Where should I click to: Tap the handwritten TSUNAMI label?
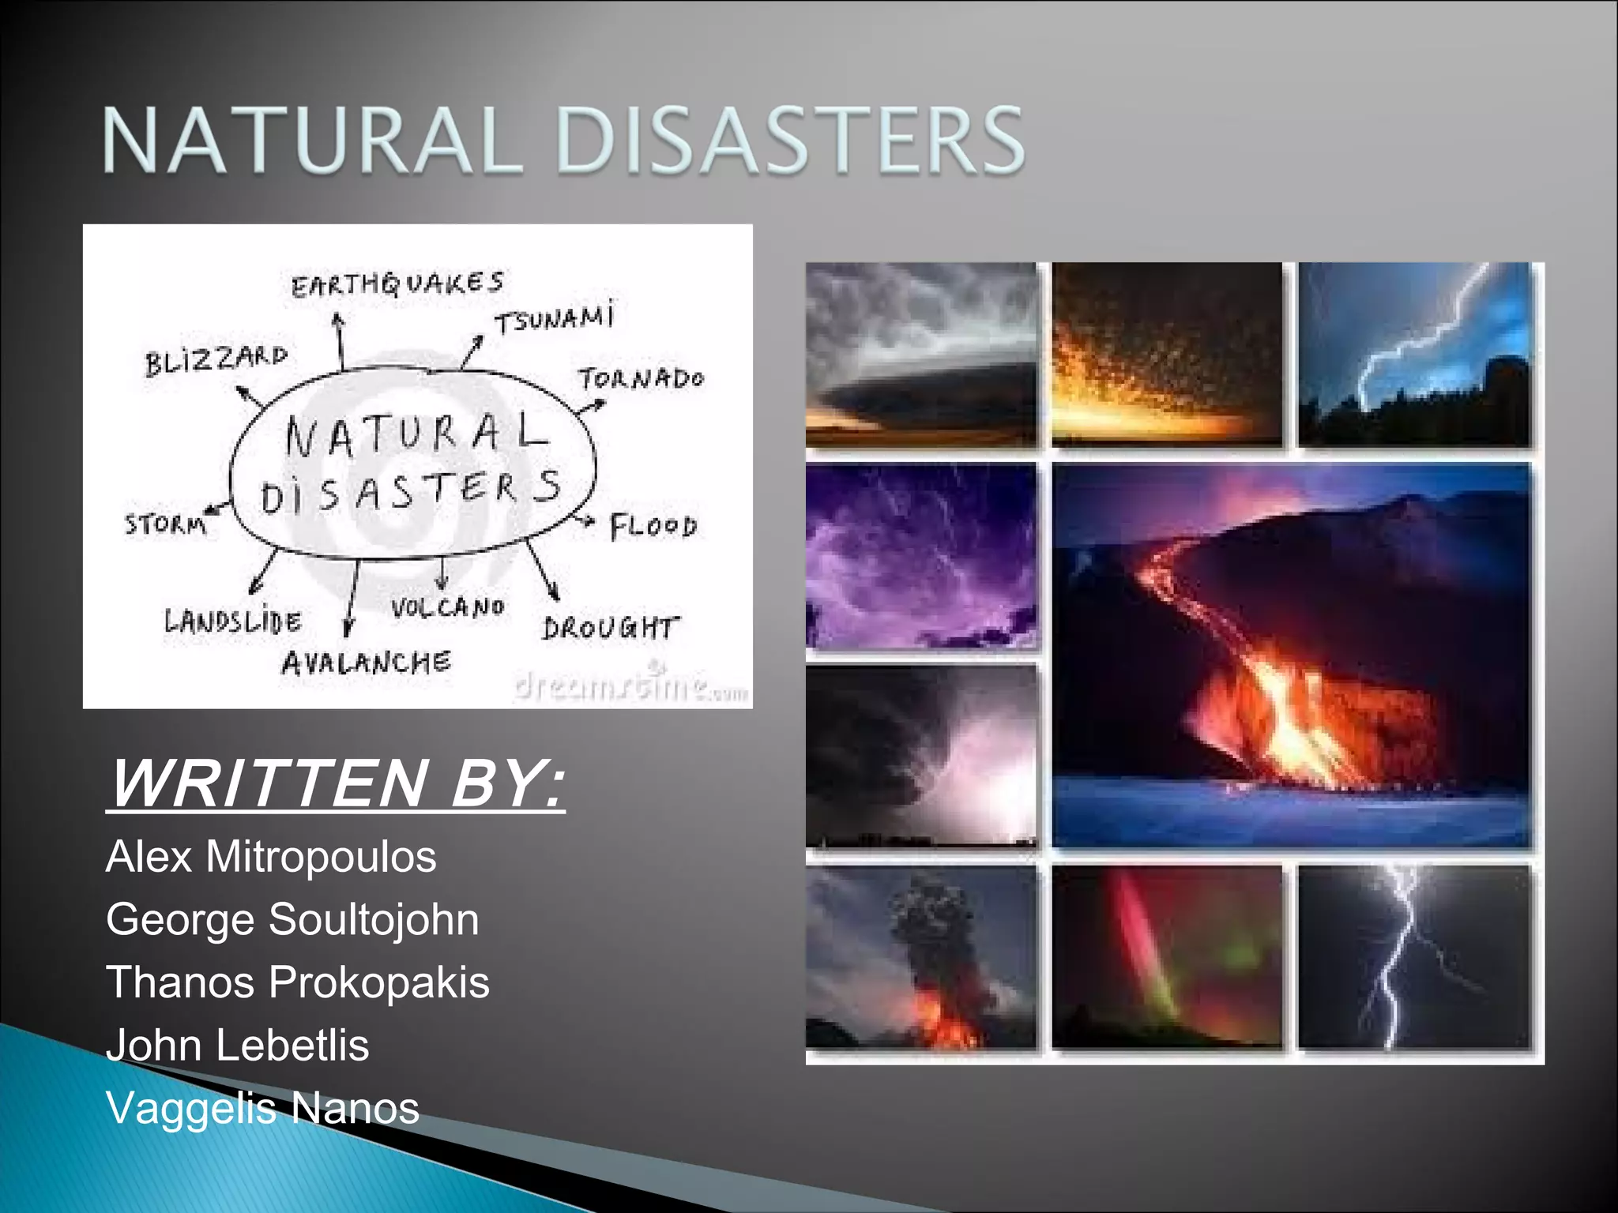tap(553, 320)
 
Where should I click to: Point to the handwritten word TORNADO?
tap(640, 379)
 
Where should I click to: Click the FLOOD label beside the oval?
tap(653, 527)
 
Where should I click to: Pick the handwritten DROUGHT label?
tap(609, 628)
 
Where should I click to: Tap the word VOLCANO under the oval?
tap(447, 607)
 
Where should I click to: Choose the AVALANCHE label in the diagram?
tap(366, 662)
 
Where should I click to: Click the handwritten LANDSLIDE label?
tap(232, 622)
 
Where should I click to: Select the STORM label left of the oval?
tap(165, 524)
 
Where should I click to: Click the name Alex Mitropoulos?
tap(270, 857)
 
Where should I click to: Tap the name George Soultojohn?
tap(292, 920)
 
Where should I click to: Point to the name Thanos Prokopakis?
tap(298, 982)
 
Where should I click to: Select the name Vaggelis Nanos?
tap(262, 1108)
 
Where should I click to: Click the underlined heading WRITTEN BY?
tap(337, 783)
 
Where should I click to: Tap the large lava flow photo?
tap(1291, 655)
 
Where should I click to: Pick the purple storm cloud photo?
tap(921, 556)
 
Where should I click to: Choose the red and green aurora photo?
tap(1167, 957)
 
